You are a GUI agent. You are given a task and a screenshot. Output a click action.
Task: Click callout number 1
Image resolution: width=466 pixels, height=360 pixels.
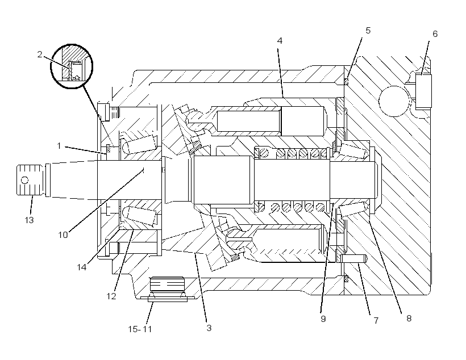59,146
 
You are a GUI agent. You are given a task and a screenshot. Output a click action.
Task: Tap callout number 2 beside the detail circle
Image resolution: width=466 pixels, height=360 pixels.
40,55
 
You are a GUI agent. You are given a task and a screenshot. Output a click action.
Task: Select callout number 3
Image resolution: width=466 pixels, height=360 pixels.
209,328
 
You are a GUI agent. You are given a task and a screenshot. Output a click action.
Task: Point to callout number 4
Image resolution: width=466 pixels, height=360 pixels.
280,41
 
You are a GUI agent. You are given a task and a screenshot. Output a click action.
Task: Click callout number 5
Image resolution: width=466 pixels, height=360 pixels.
368,31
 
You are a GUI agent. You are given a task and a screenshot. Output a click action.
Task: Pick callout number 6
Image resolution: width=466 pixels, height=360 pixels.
435,34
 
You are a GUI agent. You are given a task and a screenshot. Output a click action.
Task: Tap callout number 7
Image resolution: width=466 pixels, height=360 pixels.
376,321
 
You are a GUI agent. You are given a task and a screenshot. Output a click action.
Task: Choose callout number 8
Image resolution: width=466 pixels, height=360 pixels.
409,319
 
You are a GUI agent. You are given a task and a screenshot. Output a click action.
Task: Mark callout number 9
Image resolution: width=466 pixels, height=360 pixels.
323,319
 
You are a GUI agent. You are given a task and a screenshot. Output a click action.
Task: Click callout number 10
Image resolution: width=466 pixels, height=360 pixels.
63,235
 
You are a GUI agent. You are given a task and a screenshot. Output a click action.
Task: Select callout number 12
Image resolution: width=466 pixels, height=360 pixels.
111,296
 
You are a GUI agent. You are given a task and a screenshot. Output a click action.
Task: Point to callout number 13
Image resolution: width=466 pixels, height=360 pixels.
29,220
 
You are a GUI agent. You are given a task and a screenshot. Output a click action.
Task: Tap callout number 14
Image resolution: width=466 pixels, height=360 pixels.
82,267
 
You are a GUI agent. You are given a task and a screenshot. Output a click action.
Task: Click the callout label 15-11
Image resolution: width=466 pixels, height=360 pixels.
140,329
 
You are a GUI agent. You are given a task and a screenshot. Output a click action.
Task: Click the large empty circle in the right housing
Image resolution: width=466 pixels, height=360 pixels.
394,101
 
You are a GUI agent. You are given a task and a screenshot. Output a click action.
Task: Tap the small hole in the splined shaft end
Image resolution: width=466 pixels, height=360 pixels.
25,180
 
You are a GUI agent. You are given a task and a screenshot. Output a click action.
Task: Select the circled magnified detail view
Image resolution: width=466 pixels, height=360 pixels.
72,66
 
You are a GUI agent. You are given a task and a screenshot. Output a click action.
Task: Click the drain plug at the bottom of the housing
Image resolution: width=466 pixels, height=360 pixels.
167,289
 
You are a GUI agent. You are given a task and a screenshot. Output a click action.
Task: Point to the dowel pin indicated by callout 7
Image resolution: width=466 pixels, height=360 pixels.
353,259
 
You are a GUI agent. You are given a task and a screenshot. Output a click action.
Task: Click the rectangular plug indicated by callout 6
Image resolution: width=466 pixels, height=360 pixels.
423,91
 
